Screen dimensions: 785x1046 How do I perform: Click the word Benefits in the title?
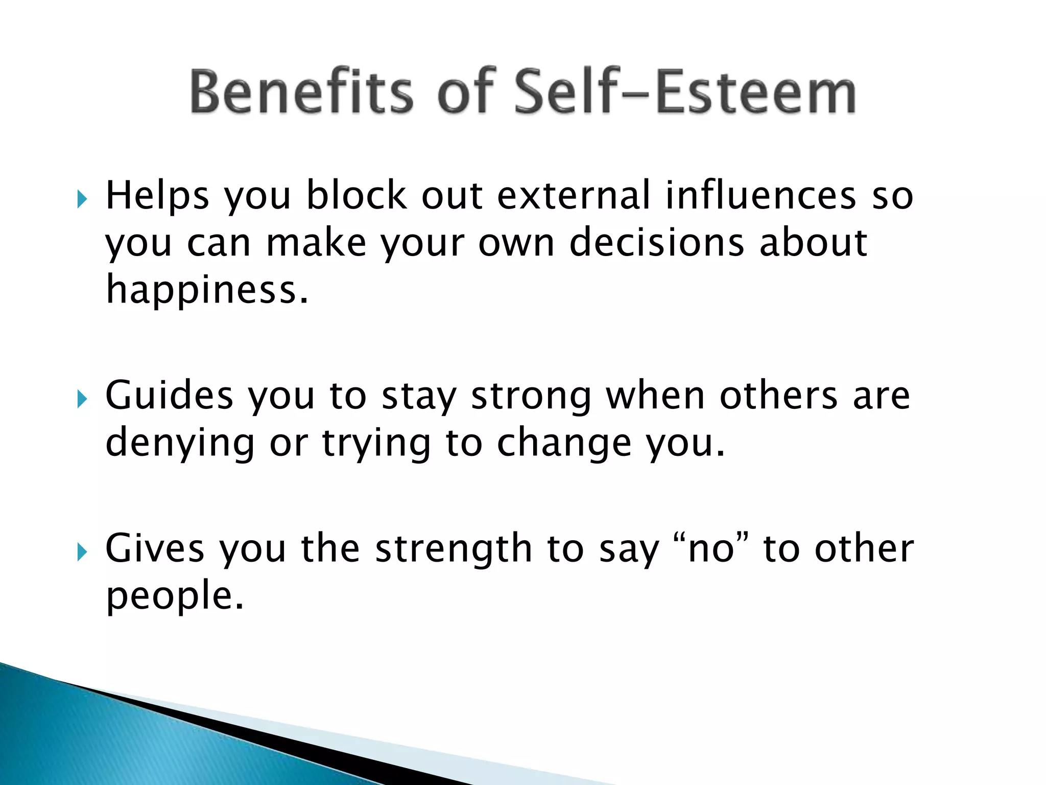pyautogui.click(x=301, y=92)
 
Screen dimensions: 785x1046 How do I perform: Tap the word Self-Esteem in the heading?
pyautogui.click(x=684, y=92)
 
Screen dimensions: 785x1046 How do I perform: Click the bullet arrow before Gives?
pyautogui.click(x=82, y=551)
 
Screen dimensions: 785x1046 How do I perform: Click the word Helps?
pyautogui.click(x=157, y=196)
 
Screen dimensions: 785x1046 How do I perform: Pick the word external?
pyautogui.click(x=574, y=196)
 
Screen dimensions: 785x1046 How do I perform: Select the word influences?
pyautogui.click(x=760, y=196)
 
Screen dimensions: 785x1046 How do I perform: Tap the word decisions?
pyautogui.click(x=656, y=243)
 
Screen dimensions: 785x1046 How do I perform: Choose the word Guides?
pyautogui.click(x=169, y=396)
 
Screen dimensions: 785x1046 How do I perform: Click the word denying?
pyautogui.click(x=180, y=444)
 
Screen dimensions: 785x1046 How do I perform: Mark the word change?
pyautogui.click(x=564, y=444)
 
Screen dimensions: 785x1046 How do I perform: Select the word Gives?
pyautogui.click(x=155, y=549)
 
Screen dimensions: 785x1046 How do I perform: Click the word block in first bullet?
pyautogui.click(x=356, y=196)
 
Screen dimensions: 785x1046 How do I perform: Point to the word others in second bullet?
pyautogui.click(x=778, y=396)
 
